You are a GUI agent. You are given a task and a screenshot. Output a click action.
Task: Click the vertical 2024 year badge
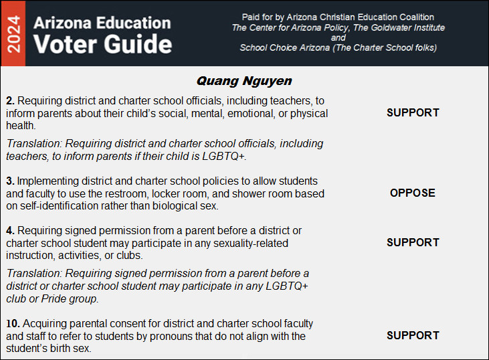[x=13, y=33]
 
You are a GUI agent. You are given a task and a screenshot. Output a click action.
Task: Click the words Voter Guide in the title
[x=103, y=44]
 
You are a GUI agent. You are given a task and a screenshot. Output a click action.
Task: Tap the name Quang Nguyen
[x=244, y=81]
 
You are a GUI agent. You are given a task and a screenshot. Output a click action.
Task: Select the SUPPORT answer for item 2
[x=413, y=113]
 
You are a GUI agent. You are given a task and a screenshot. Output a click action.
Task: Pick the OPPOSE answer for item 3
[x=413, y=193]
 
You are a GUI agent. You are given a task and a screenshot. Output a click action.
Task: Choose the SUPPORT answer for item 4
[x=413, y=243]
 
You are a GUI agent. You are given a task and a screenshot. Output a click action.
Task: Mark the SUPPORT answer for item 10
[x=413, y=336]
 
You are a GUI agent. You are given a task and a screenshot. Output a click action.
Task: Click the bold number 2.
[x=9, y=100]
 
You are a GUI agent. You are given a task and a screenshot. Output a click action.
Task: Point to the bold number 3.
[x=9, y=181]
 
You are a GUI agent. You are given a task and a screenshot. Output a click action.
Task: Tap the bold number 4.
[x=9, y=231]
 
